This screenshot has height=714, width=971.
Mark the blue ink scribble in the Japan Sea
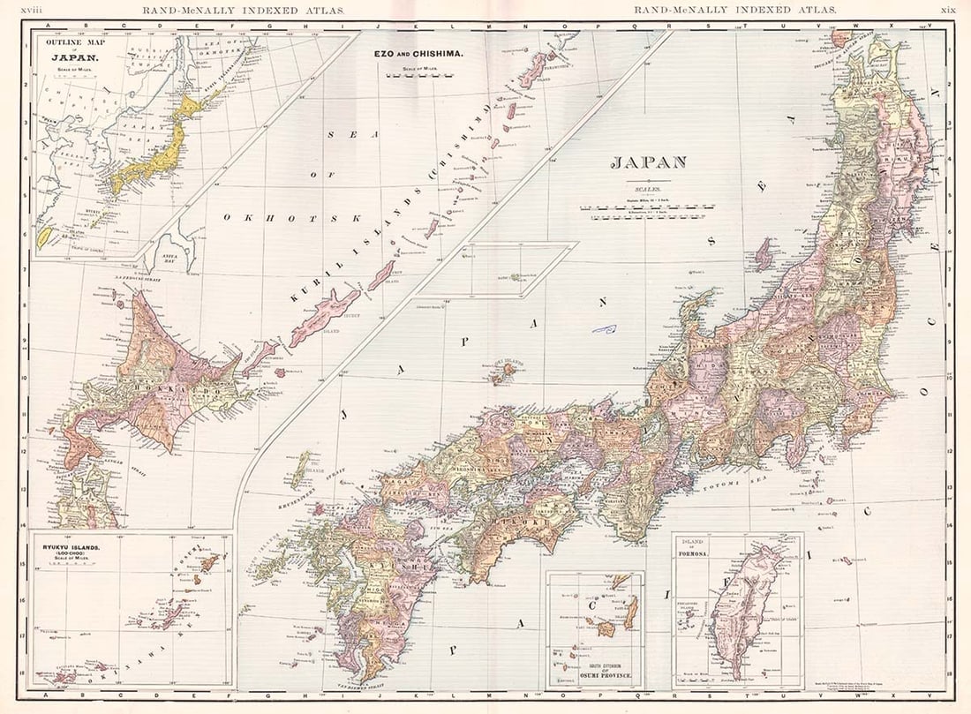604,329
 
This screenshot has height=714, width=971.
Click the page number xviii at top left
32,10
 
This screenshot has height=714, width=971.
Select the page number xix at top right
948,10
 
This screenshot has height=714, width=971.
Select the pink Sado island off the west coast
763,254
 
